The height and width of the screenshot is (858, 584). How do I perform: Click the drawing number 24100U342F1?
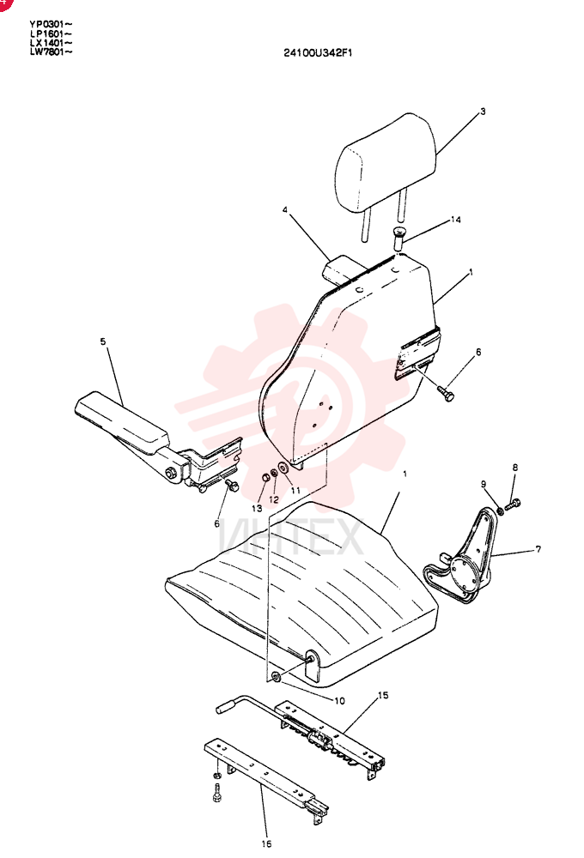point(318,52)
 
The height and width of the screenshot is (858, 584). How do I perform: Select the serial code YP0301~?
point(51,24)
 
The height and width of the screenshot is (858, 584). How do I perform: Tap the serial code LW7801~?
point(51,52)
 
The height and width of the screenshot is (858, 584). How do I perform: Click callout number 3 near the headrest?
point(483,111)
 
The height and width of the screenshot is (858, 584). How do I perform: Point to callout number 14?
point(455,220)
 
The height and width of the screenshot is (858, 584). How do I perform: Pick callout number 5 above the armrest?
point(103,341)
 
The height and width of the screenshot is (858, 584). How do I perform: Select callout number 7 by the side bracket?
point(538,548)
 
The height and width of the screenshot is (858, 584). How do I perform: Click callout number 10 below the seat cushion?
point(339,700)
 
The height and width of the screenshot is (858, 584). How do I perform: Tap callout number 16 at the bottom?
point(266,843)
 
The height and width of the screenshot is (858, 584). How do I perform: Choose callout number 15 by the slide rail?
point(383,695)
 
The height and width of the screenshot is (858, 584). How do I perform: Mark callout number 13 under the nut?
point(257,508)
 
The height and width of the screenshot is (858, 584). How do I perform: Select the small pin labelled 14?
point(398,239)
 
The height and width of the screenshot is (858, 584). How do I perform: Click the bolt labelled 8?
point(514,505)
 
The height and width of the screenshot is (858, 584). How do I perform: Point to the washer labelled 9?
point(500,511)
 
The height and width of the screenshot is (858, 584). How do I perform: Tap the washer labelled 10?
point(277,678)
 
